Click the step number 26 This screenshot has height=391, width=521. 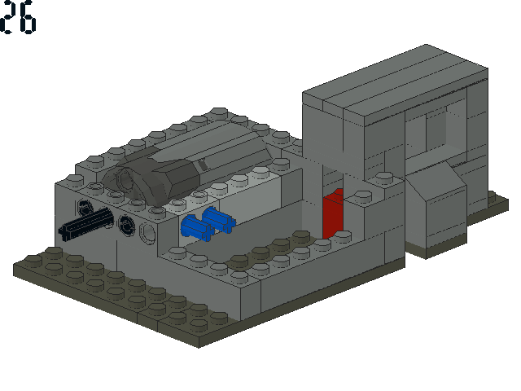coord(18,16)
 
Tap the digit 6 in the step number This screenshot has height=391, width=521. coord(27,16)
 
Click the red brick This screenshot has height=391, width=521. coord(333,213)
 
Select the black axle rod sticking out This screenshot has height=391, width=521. coord(85,222)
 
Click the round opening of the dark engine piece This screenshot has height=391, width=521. coord(126,179)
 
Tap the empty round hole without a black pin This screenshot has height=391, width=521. coord(148,234)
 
